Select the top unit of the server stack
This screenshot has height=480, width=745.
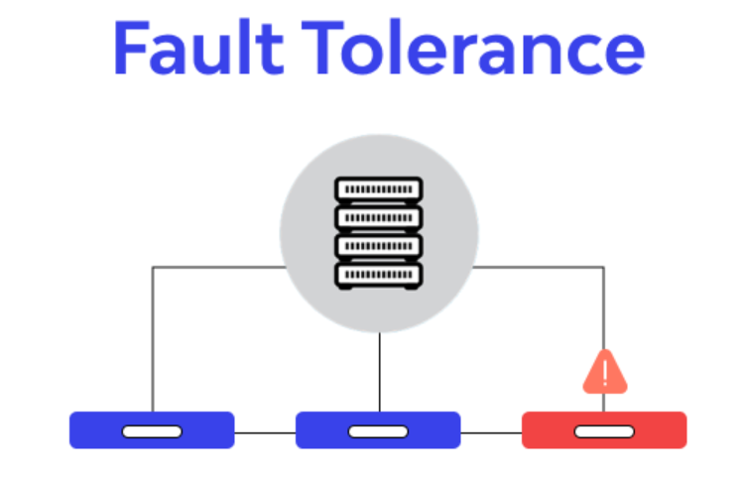pyautogui.click(x=378, y=188)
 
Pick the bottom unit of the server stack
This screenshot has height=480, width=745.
pyautogui.click(x=378, y=274)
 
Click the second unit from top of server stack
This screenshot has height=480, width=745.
pyautogui.click(x=378, y=217)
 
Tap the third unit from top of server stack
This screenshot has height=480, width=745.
pyautogui.click(x=378, y=245)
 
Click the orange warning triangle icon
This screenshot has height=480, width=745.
pyautogui.click(x=604, y=372)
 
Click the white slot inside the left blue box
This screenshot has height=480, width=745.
pyautogui.click(x=152, y=431)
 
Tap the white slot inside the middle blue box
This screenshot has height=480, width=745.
pyautogui.click(x=378, y=431)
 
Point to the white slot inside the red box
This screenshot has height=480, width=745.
pyautogui.click(x=604, y=431)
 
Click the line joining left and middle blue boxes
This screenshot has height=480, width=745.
pyautogui.click(x=265, y=431)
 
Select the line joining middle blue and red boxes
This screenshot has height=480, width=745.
pyautogui.click(x=491, y=431)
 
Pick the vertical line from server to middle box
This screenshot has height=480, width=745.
pyautogui.click(x=379, y=372)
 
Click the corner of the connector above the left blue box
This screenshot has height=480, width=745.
pyautogui.click(x=153, y=267)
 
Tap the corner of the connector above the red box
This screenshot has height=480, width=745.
pyautogui.click(x=604, y=267)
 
